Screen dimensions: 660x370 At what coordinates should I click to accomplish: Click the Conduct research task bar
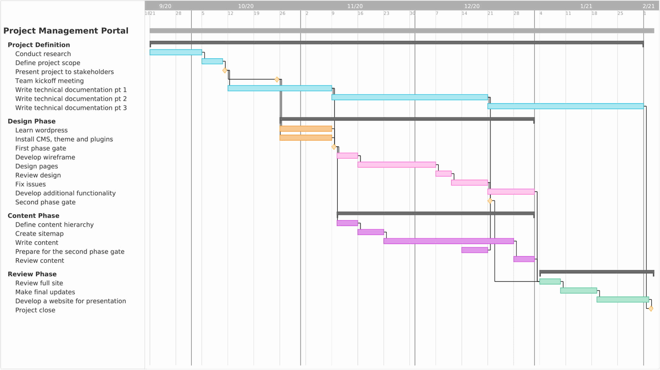point(175,53)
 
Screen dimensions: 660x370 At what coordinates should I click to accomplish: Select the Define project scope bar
point(212,61)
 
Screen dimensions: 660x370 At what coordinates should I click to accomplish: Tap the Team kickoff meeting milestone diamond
point(277,80)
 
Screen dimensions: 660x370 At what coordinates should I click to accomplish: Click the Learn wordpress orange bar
point(306,129)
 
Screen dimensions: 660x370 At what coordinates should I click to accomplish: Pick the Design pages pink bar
point(397,165)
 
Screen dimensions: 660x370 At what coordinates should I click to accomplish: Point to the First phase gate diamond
point(334,147)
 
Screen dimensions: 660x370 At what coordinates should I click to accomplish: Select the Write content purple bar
point(449,241)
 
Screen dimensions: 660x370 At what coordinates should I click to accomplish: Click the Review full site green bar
point(550,282)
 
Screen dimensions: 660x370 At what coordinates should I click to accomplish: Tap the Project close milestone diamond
point(651,309)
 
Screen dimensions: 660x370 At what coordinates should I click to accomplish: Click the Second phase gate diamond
point(490,201)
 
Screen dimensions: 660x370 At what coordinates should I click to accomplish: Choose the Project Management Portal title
point(66,31)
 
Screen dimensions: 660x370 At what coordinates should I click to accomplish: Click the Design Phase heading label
point(31,122)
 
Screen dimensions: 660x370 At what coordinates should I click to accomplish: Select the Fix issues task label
point(30,184)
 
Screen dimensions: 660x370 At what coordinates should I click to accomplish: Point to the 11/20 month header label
point(355,6)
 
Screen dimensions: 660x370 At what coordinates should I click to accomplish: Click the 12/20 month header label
point(472,6)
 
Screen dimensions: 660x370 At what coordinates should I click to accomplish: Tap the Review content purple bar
point(524,259)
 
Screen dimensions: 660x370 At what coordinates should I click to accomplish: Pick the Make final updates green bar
point(579,291)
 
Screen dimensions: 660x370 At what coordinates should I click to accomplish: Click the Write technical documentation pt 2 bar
point(409,97)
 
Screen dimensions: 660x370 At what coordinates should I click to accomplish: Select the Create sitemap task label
point(39,234)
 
